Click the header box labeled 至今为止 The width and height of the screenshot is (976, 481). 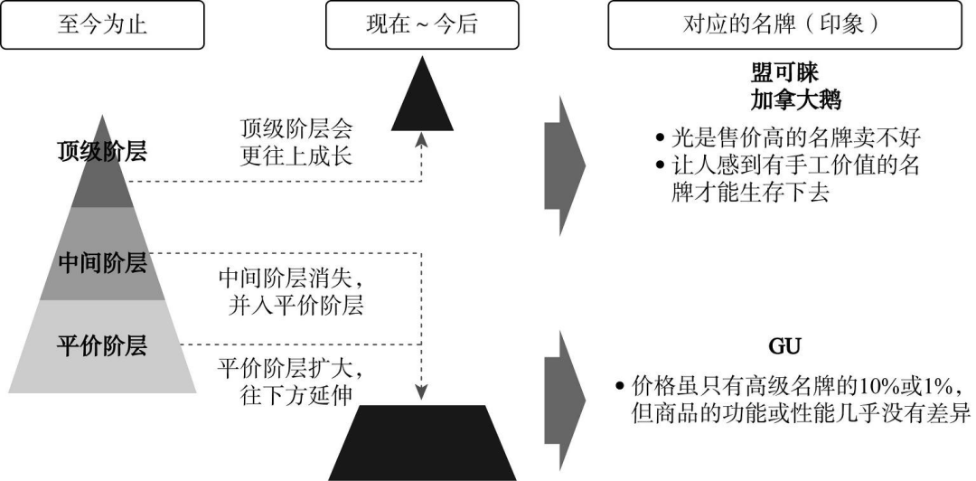tap(101, 25)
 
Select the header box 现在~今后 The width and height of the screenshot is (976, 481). tap(420, 25)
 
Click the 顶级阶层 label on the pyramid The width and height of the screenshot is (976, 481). tap(101, 151)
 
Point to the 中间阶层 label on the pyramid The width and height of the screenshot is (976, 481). tap(101, 263)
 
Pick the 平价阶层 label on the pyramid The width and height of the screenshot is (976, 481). tap(101, 346)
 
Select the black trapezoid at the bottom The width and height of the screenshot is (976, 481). tap(421, 444)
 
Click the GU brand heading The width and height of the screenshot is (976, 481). tap(779, 347)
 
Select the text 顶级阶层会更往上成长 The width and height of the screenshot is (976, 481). tap(296, 142)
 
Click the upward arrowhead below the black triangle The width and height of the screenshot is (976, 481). tap(421, 138)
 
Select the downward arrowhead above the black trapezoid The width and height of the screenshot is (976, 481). tap(421, 392)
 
